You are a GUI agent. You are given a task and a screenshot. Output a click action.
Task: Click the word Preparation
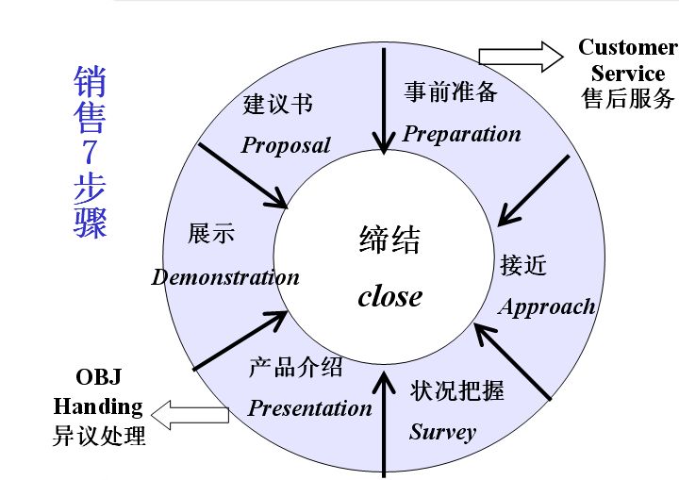coord(461,134)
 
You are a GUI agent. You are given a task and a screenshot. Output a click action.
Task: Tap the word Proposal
coord(286,145)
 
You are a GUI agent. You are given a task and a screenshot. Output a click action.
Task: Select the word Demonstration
coord(225,277)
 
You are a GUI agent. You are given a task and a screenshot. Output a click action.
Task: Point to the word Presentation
coord(309,408)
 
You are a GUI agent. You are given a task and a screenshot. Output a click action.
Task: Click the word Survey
coord(442,432)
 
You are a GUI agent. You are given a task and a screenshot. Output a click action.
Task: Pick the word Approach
coord(547,306)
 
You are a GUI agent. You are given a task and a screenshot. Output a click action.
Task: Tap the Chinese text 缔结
coord(389,241)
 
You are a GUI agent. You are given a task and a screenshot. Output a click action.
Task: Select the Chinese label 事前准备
coord(451,91)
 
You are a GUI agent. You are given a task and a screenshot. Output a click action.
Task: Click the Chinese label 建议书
coord(277,104)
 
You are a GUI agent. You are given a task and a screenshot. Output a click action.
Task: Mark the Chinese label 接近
coord(523,265)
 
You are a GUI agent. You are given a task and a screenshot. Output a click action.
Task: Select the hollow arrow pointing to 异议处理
coord(190,413)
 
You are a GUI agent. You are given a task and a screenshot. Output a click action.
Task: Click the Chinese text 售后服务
coord(628,98)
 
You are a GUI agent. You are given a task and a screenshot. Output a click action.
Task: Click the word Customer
coord(627,47)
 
